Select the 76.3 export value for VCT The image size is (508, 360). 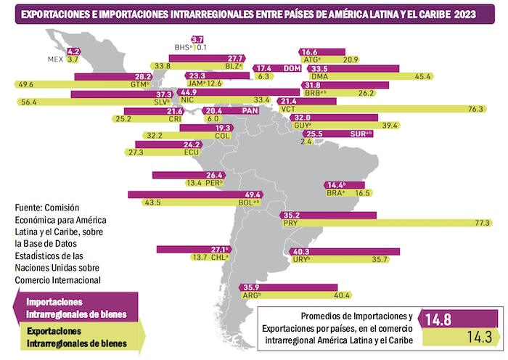(x=475, y=109)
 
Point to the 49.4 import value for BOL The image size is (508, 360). (x=253, y=195)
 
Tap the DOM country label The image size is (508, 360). (x=292, y=68)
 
